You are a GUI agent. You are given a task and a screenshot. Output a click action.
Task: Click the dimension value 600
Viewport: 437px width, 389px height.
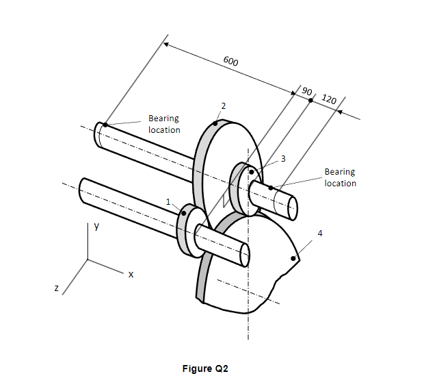pyautogui.click(x=230, y=62)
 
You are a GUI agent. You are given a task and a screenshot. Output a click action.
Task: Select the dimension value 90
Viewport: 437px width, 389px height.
pyautogui.click(x=307, y=91)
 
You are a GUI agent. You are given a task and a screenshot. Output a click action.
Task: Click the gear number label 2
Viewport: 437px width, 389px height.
pyautogui.click(x=223, y=105)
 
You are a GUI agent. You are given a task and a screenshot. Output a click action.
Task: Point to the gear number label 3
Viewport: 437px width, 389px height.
pyautogui.click(x=283, y=158)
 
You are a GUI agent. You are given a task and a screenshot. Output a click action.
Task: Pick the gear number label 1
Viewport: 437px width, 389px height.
pyautogui.click(x=168, y=201)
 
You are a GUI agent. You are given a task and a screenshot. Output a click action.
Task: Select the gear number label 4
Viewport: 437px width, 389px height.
pyautogui.click(x=319, y=234)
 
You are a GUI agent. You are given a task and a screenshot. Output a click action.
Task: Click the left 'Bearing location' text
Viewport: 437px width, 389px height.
pyautogui.click(x=164, y=124)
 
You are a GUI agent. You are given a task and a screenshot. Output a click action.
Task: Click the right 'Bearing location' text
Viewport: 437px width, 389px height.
pyautogui.click(x=340, y=177)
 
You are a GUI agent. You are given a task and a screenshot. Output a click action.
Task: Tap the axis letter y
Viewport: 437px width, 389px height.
pyautogui.click(x=97, y=226)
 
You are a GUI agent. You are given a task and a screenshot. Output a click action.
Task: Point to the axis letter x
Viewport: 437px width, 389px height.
pyautogui.click(x=131, y=274)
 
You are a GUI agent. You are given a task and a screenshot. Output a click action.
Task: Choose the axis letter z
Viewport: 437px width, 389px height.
pyautogui.click(x=57, y=288)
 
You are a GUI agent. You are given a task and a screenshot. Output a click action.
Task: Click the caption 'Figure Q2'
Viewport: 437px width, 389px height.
pyautogui.click(x=205, y=368)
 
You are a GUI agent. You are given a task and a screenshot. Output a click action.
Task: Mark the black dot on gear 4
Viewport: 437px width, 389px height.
pyautogui.click(x=294, y=258)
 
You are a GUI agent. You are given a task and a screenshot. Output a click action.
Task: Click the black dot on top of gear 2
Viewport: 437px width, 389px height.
pyautogui.click(x=216, y=124)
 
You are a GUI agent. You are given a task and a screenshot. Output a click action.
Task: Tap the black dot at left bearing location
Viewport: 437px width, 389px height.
pyautogui.click(x=105, y=125)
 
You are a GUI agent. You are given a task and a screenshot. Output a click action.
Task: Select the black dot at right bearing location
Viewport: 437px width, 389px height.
pyautogui.click(x=272, y=187)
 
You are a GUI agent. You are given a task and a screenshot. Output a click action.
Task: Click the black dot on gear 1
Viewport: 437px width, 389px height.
pyautogui.click(x=183, y=213)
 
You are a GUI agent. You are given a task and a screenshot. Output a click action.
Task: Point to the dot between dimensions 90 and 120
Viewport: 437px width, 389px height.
pyautogui.click(x=310, y=100)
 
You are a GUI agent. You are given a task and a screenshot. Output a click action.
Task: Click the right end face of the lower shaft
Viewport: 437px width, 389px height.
pyautogui.click(x=245, y=254)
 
